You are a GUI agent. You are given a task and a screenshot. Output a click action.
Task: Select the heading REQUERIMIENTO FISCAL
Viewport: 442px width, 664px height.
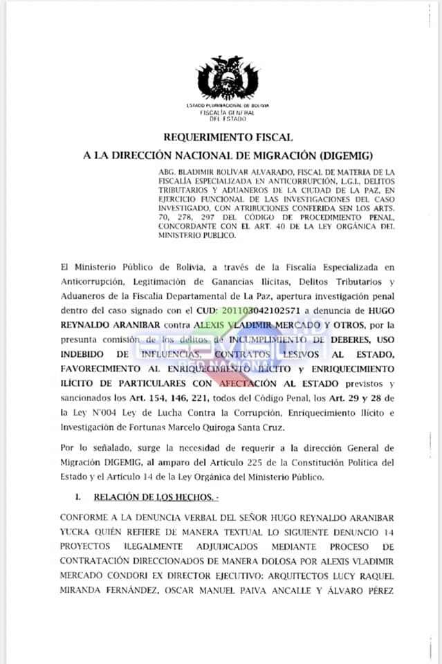point(228,138)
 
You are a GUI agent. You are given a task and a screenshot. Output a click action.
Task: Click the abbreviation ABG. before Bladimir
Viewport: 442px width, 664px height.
point(167,172)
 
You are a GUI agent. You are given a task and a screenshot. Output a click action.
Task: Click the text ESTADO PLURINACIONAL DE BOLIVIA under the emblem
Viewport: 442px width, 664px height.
point(228,105)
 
